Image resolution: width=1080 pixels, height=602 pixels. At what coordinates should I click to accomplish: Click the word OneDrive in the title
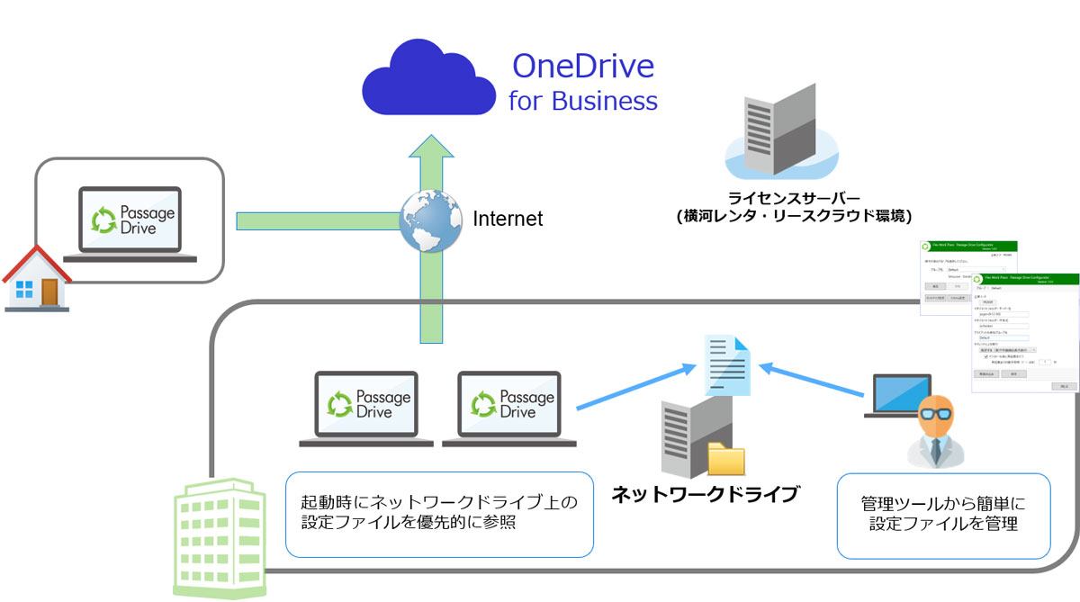[582, 67]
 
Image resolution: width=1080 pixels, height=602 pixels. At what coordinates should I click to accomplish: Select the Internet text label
[508, 219]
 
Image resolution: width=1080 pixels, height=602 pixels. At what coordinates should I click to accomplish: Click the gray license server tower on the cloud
[778, 129]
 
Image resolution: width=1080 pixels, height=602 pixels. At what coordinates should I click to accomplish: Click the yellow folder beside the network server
[726, 458]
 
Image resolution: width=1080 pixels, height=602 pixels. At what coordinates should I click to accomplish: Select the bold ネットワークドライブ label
[705, 494]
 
